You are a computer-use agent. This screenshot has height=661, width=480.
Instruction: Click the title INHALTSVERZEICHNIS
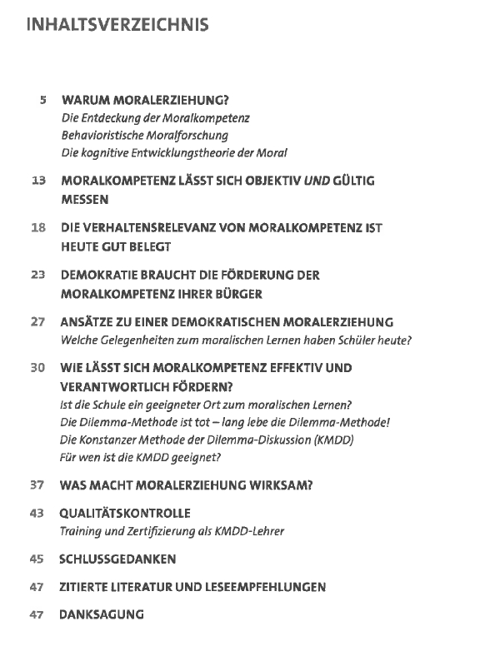tap(116, 26)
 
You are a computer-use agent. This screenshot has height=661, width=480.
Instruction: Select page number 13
tap(37, 181)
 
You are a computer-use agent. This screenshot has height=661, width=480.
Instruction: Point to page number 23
tap(37, 274)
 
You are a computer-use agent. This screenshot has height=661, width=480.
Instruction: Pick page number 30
tap(37, 367)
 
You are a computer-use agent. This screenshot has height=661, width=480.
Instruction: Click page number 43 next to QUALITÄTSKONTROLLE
tap(37, 514)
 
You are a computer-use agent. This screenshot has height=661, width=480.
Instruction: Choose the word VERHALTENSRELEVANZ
tap(155, 227)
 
